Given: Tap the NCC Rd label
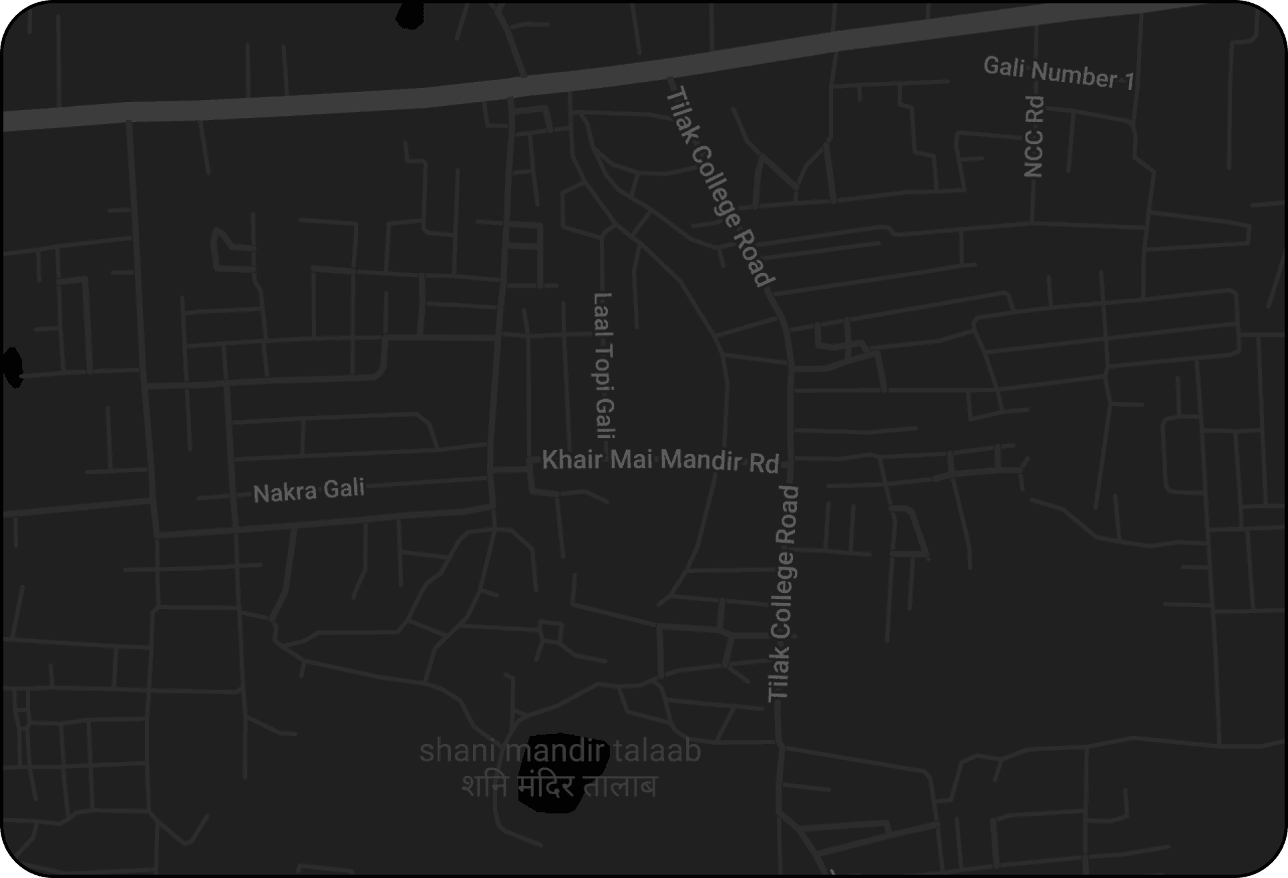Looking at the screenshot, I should (1034, 136).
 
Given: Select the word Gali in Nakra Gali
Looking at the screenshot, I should (343, 488).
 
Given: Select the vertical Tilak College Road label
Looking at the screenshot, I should (783, 593).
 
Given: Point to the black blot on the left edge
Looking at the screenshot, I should (12, 367).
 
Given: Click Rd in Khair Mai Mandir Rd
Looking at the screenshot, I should (763, 463).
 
